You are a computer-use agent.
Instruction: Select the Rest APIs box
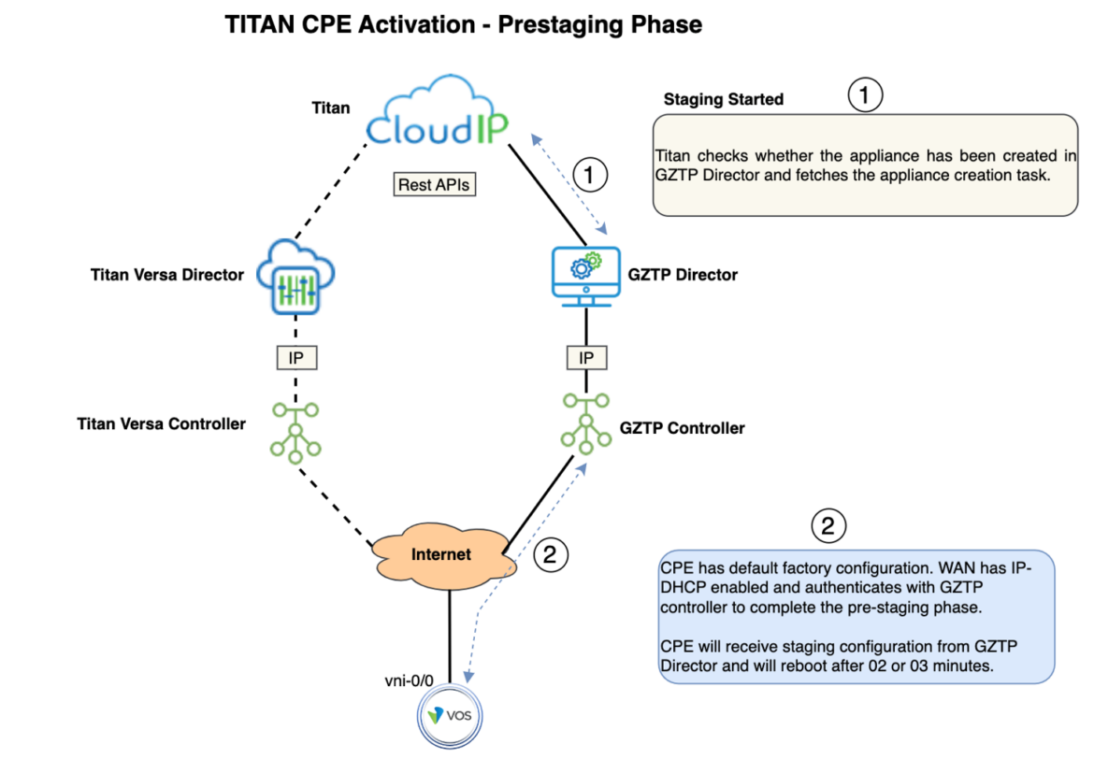coord(435,184)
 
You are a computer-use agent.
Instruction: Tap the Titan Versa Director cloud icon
coord(295,276)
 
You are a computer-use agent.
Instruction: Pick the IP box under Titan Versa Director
coord(295,357)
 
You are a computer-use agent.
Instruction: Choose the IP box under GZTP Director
coord(586,357)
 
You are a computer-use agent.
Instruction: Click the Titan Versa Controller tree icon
coord(295,428)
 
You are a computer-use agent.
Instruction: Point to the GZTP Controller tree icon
coord(586,421)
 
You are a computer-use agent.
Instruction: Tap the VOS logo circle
coord(449,716)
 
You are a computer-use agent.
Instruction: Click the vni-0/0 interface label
coord(409,680)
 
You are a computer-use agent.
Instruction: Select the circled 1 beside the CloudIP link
coord(589,173)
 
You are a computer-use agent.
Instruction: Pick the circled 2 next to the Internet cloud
coord(550,555)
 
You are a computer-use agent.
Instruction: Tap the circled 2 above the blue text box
coord(827,525)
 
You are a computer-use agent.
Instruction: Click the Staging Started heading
coord(723,99)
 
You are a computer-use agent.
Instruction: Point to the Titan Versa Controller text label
coord(161,423)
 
